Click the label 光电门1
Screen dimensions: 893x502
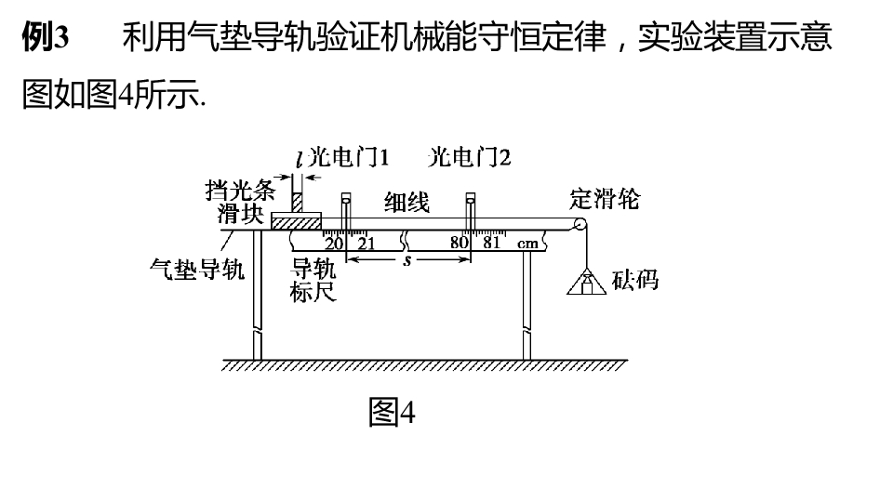point(349,157)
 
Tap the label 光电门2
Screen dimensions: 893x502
point(469,157)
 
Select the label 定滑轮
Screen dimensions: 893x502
point(605,199)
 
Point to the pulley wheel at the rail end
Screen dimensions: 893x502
point(580,224)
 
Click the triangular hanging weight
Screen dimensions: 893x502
point(586,281)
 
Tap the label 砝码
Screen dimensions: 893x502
point(635,280)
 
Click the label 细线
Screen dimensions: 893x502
point(407,202)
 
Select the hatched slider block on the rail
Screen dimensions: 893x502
point(296,221)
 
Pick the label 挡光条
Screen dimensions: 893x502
point(240,191)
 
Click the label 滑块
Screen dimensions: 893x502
point(240,214)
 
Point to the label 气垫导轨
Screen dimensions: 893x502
point(197,269)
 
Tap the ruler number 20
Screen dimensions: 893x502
point(334,244)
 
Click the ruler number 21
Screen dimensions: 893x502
point(367,244)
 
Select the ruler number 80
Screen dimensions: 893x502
point(459,243)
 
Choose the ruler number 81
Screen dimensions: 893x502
point(491,243)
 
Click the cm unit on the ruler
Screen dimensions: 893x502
point(527,244)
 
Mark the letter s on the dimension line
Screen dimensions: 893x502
point(407,261)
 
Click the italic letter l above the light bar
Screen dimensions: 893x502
point(300,158)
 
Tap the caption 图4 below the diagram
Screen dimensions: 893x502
point(392,412)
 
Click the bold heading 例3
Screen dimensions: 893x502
point(46,37)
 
